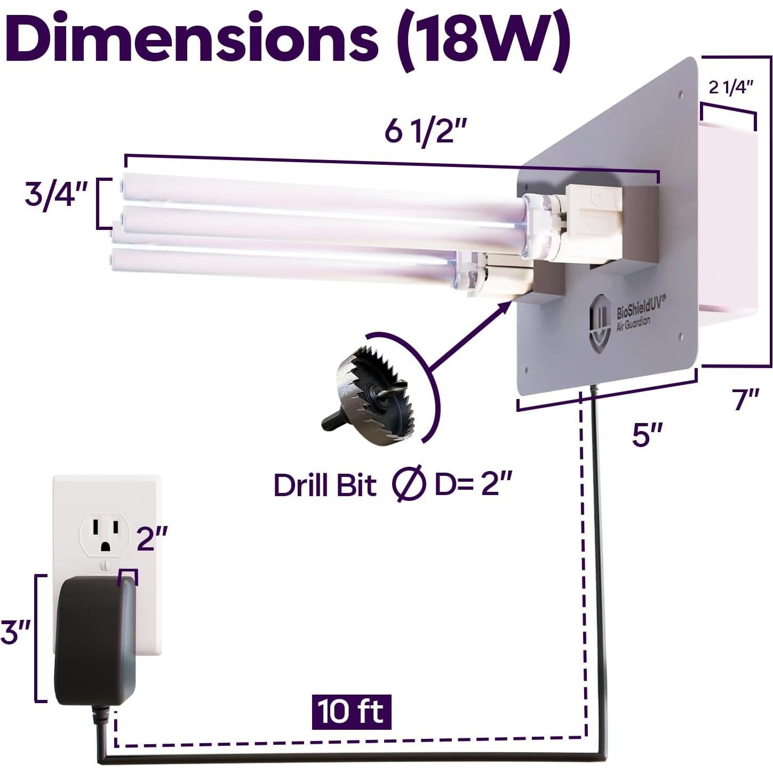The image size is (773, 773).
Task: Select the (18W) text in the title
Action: (x=483, y=38)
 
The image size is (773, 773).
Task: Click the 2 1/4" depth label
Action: (x=730, y=87)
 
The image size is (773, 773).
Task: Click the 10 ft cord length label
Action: (x=352, y=712)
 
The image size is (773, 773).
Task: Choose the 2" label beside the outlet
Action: (x=153, y=538)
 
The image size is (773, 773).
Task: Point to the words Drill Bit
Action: (x=325, y=485)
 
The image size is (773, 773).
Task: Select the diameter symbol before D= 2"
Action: (x=409, y=484)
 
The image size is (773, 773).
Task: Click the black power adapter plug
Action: (x=95, y=640)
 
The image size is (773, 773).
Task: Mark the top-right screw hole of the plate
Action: (x=680, y=94)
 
